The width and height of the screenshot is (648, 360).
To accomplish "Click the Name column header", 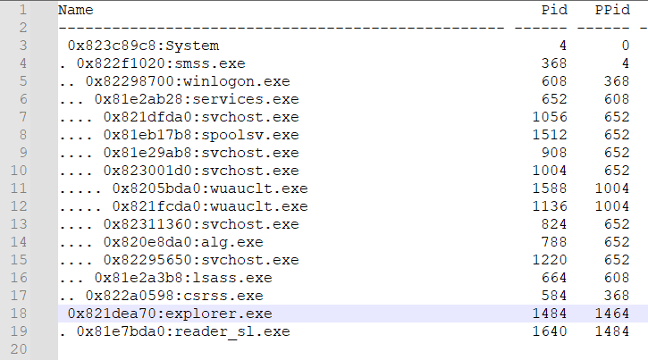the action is (x=75, y=10).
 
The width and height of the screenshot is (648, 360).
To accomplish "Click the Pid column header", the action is (x=554, y=10).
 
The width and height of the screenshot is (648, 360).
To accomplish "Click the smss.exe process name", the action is (x=160, y=63).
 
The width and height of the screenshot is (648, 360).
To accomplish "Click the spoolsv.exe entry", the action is (x=200, y=135).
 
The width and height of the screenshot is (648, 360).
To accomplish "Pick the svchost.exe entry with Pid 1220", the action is (x=200, y=260).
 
